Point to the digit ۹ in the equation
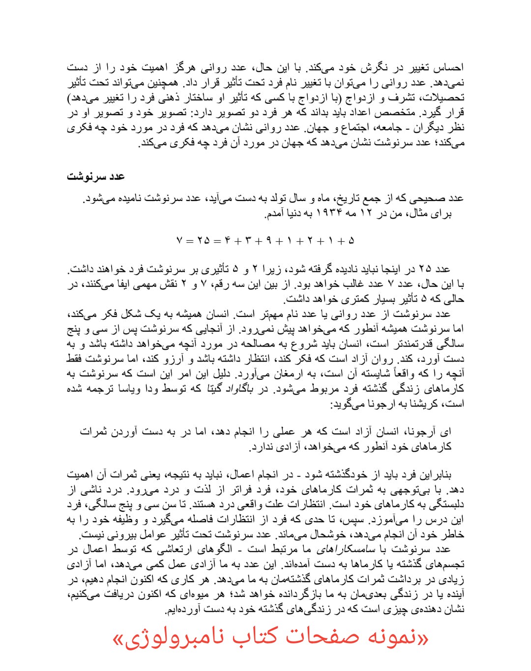(x=269, y=241)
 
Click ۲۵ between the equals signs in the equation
(x=203, y=241)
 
